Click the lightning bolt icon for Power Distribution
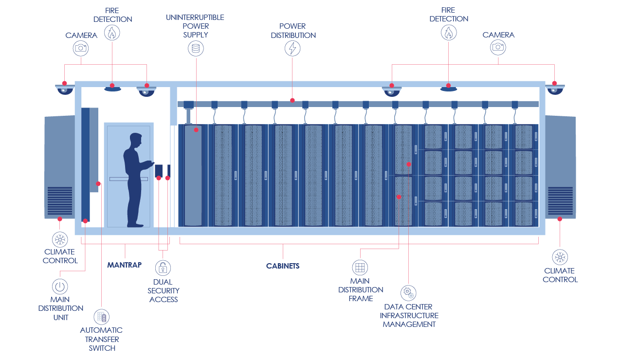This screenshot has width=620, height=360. (x=292, y=48)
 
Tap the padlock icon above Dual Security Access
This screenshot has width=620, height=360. (x=163, y=267)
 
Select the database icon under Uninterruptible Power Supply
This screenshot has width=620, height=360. (x=196, y=49)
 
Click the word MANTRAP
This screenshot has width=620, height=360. (x=125, y=265)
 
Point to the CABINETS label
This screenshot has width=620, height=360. (x=283, y=266)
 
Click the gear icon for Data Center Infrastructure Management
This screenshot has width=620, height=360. (x=408, y=293)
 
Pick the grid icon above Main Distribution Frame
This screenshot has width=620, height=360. (x=360, y=267)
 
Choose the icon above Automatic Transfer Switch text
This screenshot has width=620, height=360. (x=102, y=317)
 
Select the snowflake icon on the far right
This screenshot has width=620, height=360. (x=560, y=257)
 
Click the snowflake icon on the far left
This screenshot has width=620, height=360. (x=60, y=239)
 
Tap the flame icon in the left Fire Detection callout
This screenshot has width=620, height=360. (x=112, y=33)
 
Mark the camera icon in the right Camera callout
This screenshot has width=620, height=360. (x=498, y=47)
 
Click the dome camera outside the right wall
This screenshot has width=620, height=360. (x=555, y=89)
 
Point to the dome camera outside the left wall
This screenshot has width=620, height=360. (x=64, y=89)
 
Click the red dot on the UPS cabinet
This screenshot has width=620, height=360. (x=196, y=130)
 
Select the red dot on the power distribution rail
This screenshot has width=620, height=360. (x=292, y=100)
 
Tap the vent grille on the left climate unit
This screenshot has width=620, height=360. (x=60, y=201)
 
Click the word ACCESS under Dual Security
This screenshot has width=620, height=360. (x=164, y=300)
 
